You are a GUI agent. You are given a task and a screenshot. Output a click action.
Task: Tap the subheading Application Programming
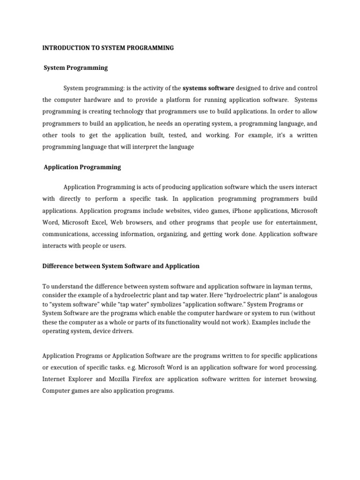[82, 167]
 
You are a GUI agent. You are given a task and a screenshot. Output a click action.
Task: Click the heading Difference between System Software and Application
[121, 266]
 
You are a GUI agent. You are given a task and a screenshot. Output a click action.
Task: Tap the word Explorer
[83, 380]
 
